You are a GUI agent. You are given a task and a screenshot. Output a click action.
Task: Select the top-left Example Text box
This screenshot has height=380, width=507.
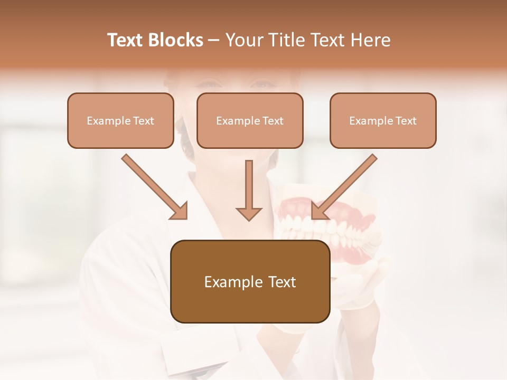click(120, 120)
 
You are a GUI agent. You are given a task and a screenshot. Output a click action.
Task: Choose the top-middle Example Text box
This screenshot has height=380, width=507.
click(250, 120)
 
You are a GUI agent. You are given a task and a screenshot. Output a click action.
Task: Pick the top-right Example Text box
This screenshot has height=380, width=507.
click(383, 120)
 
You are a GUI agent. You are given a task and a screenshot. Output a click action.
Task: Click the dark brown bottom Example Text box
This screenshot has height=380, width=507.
click(250, 281)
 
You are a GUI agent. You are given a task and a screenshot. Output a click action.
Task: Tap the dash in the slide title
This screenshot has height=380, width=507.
click(214, 40)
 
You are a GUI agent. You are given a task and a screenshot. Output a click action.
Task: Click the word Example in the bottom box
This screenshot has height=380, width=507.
click(229, 282)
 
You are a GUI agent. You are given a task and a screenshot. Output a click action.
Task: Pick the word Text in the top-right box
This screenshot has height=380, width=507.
click(406, 121)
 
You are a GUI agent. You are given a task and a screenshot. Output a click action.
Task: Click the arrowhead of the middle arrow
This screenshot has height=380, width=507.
click(249, 212)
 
